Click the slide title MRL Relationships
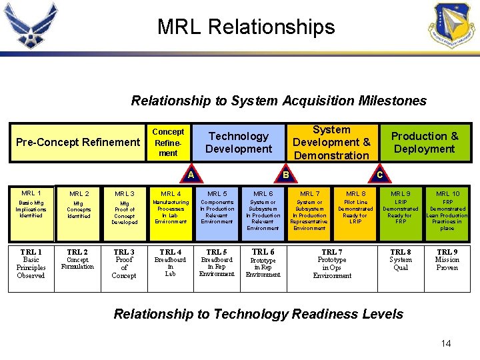[x=246, y=27]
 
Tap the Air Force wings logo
[x=31, y=25]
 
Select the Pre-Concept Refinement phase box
[x=78, y=142]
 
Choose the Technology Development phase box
[x=238, y=142]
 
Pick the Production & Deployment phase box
[x=424, y=142]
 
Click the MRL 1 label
[x=31, y=193]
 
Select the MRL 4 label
[x=170, y=194]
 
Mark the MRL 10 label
[x=447, y=194]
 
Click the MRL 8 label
[x=355, y=194]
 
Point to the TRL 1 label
[x=31, y=252]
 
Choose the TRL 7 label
[x=332, y=252]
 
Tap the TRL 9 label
[x=447, y=252]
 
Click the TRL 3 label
[x=124, y=252]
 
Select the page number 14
[x=446, y=343]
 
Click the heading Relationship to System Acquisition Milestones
[x=279, y=101]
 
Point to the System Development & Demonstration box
[x=331, y=142]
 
